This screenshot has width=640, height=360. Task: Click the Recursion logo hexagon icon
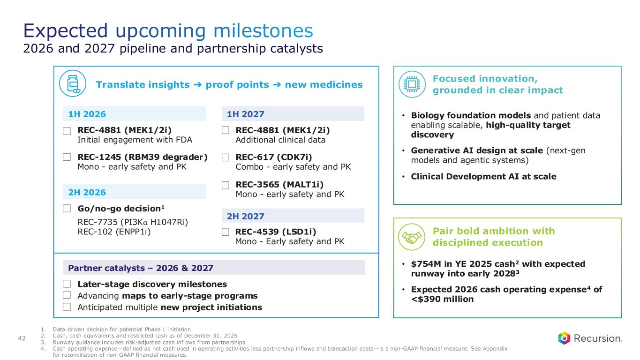pos(564,337)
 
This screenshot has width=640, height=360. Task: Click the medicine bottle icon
pos(70,84)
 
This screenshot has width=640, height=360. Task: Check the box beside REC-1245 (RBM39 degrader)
pos(68,157)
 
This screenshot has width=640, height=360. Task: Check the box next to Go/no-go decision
pos(68,208)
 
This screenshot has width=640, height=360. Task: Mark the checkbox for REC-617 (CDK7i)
pos(226,157)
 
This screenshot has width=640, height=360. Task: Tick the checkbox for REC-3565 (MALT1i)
pos(226,185)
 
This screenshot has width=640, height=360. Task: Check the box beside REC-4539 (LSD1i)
pos(226,232)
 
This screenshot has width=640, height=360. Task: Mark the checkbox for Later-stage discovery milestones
pos(68,284)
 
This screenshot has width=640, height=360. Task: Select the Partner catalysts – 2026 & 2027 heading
pos(141,268)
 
